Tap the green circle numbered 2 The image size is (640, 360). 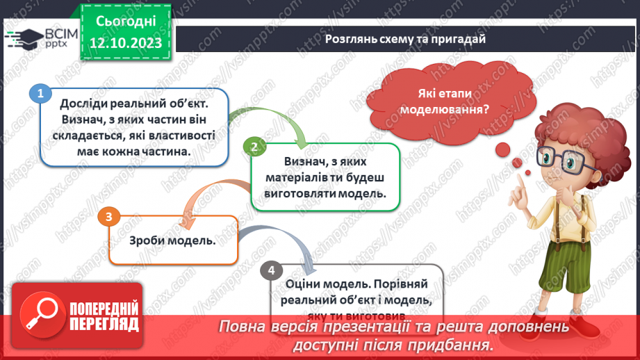coord(254,146)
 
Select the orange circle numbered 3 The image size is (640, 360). coord(108,217)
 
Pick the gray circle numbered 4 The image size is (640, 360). coord(271,270)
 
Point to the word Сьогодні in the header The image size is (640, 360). coord(126,21)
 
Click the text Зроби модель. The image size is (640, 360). coord(172,241)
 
